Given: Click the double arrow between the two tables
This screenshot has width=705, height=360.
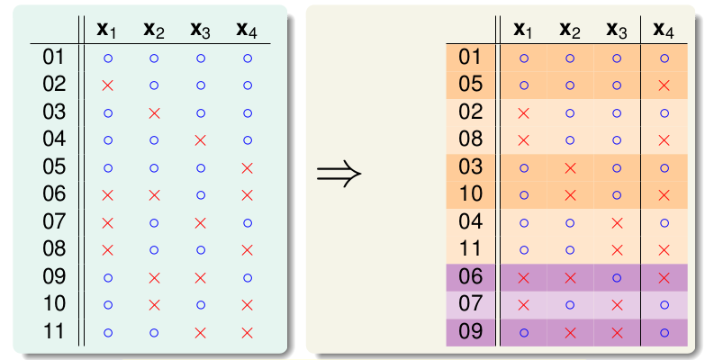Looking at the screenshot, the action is tap(339, 174).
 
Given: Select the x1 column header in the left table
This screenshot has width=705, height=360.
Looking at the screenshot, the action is tap(106, 30).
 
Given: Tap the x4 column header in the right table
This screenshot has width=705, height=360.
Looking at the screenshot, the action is tap(664, 30).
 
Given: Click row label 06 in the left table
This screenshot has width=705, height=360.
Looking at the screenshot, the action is tap(54, 194).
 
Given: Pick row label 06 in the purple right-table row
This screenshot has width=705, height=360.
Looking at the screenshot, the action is tap(470, 277).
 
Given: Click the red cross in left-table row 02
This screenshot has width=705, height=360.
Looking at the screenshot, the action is tap(107, 85).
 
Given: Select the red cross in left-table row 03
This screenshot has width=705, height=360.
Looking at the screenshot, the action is tap(154, 113).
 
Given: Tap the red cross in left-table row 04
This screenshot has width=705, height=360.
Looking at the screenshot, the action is tap(201, 140).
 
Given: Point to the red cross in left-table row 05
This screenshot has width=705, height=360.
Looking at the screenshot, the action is tap(247, 168).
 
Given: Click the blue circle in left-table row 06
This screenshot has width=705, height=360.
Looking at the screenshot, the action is tap(201, 195).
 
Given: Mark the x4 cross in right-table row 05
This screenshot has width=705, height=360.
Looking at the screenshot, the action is tap(664, 85).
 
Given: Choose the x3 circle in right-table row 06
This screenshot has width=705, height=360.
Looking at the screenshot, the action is tap(617, 278).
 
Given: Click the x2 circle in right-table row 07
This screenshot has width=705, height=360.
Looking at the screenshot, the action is tap(570, 305).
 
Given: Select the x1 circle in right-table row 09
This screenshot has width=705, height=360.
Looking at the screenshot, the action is tap(524, 333).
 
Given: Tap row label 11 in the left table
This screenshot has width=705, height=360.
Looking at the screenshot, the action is tap(54, 332).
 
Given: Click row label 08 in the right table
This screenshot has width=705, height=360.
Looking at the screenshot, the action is tap(470, 139).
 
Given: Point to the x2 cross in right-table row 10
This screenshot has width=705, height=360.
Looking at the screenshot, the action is tap(570, 195).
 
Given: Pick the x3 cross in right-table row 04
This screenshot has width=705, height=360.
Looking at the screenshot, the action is tap(617, 223).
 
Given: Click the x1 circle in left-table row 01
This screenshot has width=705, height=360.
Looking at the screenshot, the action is tap(108, 58).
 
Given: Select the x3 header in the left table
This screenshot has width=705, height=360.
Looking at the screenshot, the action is tap(200, 30).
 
